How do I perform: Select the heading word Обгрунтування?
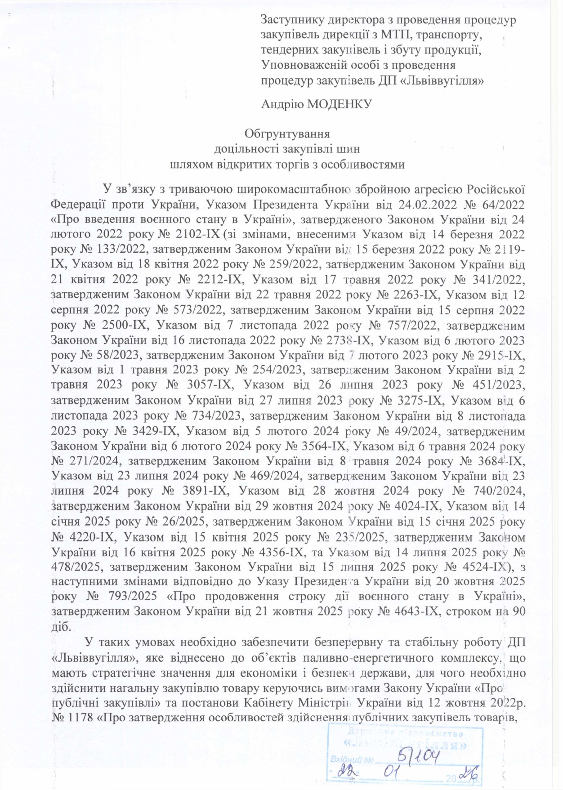[x=287, y=134]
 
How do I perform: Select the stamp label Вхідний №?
[x=352, y=759]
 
